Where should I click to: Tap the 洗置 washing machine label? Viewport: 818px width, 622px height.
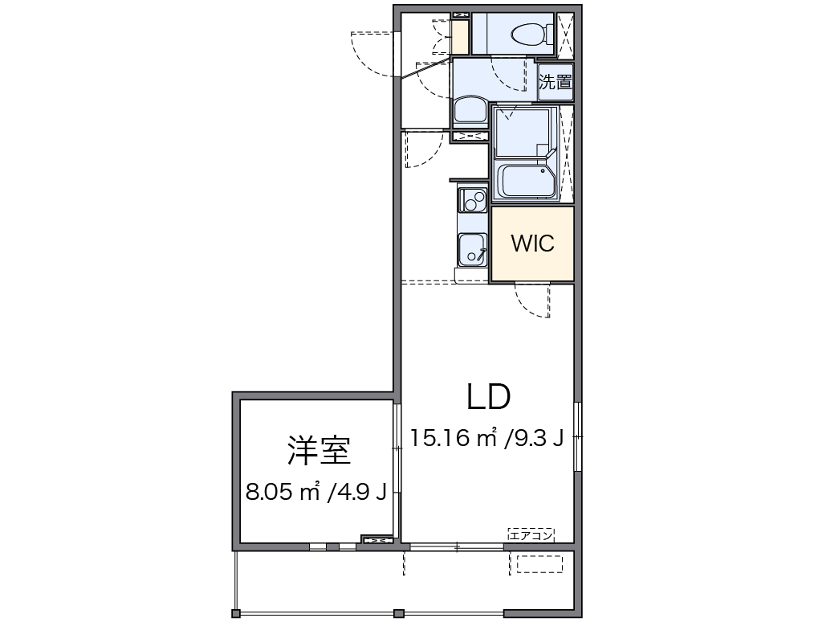(556, 81)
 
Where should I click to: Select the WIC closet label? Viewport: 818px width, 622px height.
(533, 243)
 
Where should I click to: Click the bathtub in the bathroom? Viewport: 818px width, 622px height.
(526, 181)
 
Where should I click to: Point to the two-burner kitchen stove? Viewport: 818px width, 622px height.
(473, 199)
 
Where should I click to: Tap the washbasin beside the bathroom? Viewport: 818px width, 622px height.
(470, 109)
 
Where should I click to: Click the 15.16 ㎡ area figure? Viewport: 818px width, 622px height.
(453, 438)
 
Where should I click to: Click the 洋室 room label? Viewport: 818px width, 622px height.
(319, 450)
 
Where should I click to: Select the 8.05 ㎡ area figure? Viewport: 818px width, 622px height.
(283, 492)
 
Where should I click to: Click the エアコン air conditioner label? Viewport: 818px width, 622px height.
(531, 534)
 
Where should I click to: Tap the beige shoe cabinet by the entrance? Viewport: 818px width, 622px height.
(461, 36)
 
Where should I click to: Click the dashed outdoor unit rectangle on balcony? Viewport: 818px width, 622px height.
(539, 565)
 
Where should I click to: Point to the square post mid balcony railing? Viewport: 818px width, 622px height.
(399, 613)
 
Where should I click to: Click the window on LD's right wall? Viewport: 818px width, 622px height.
(577, 436)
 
